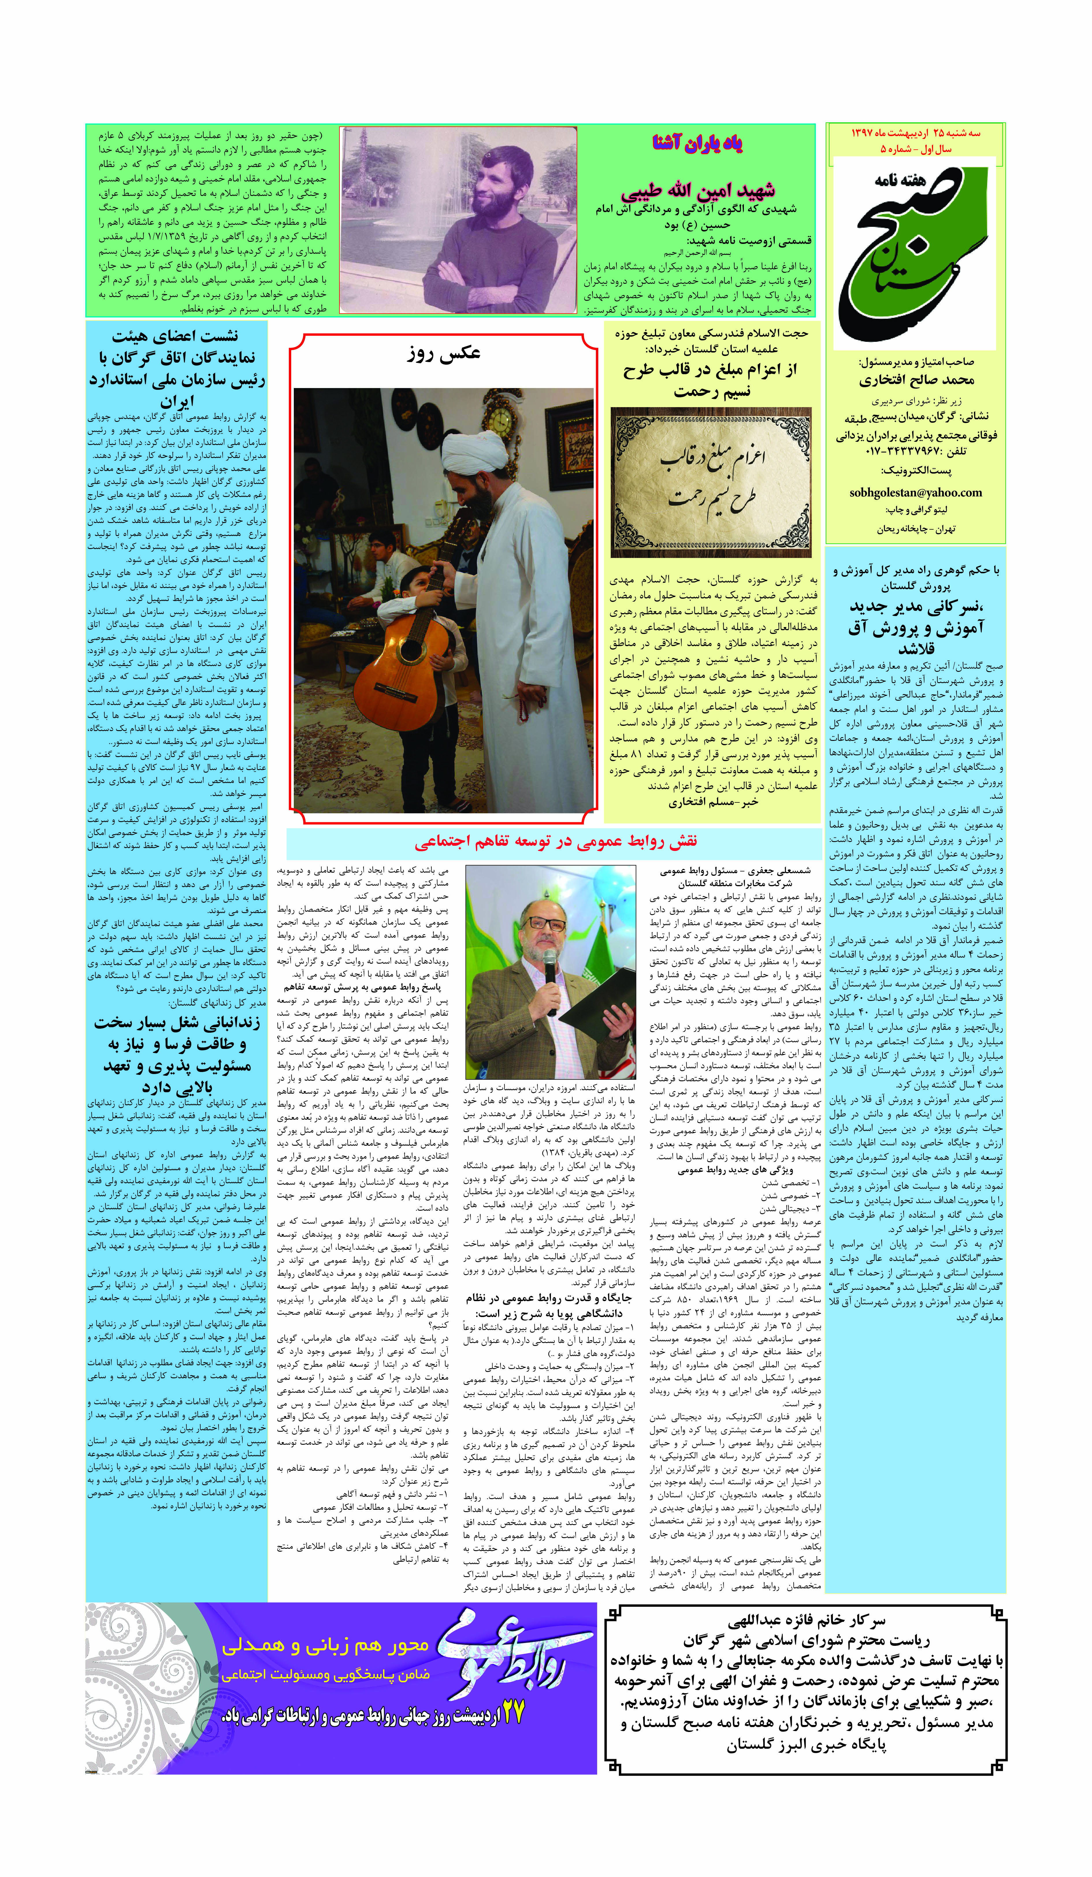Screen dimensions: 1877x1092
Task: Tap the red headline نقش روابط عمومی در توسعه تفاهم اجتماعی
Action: point(555,842)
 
